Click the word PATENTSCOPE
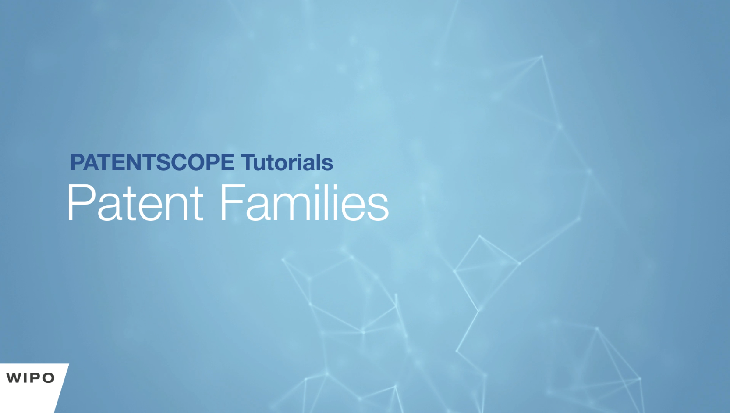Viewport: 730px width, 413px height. [152, 162]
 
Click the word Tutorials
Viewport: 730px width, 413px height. [287, 162]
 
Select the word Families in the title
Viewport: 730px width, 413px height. [305, 203]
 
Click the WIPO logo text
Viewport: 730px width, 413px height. [30, 378]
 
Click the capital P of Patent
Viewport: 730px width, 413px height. [81, 203]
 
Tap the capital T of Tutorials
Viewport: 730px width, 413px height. [249, 162]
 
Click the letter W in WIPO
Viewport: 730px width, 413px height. [15, 378]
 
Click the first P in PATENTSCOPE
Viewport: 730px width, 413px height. [78, 162]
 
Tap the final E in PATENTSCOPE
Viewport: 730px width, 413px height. [227, 162]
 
